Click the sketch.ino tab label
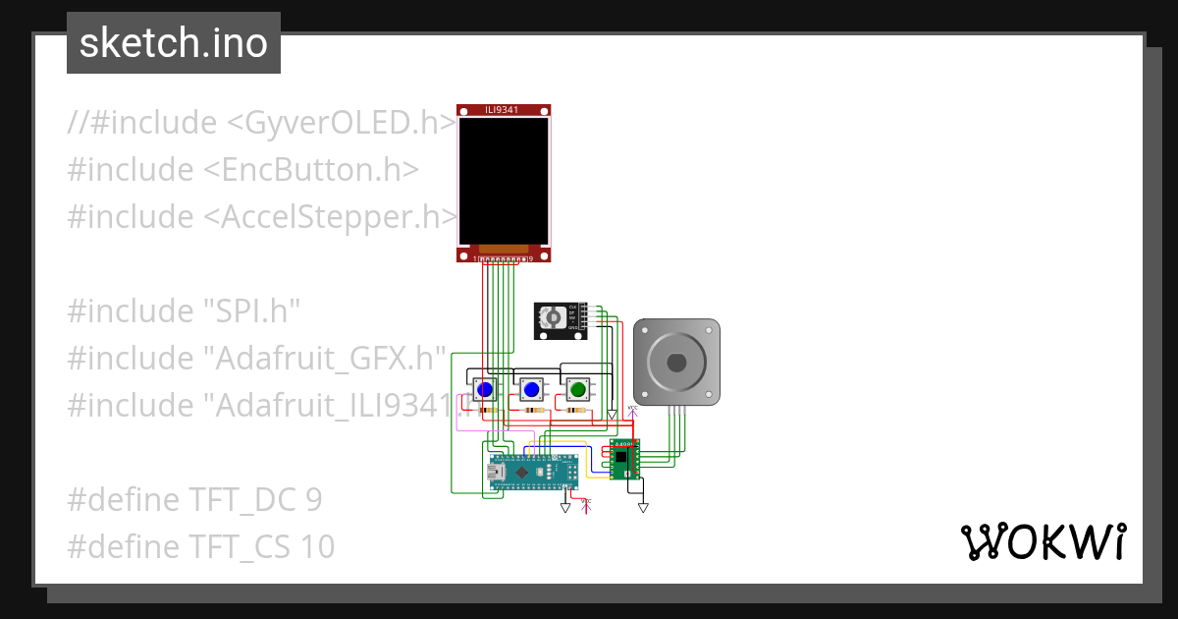coord(173,43)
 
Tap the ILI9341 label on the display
coord(503,109)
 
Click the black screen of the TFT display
coord(504,181)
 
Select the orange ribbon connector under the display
coord(504,248)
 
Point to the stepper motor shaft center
coord(676,362)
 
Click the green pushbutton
coord(577,390)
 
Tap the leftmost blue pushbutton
coord(484,390)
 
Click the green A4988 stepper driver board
coord(623,459)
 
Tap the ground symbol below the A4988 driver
coord(643,507)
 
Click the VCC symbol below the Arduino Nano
coord(587,506)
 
